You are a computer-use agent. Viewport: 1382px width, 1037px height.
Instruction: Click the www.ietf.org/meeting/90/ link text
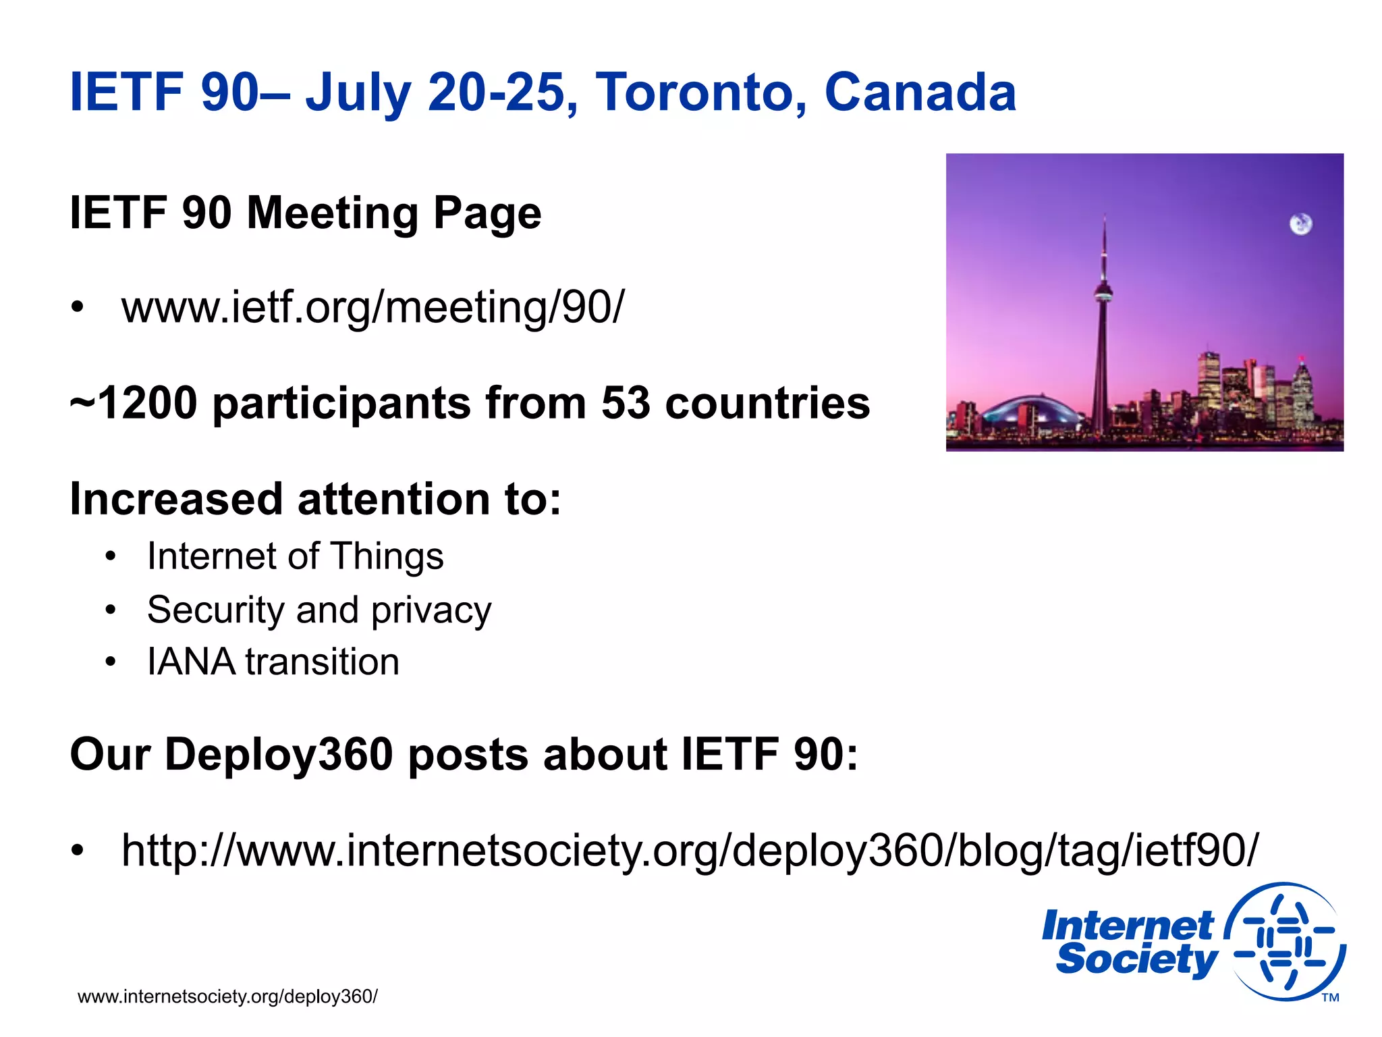[x=373, y=307]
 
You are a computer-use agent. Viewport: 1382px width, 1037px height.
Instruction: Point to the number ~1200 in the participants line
[x=134, y=403]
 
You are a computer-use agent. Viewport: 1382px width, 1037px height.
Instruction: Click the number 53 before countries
[x=626, y=403]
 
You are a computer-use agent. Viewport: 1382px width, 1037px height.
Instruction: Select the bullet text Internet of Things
[x=296, y=556]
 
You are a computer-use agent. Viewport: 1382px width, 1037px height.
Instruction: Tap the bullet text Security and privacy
[x=319, y=610]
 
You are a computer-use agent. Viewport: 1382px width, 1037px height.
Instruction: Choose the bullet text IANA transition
[x=273, y=662]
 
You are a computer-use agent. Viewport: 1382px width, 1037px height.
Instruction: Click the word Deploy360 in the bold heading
[x=279, y=754]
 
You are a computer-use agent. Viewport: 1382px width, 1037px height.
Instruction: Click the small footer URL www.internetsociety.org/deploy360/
[x=227, y=996]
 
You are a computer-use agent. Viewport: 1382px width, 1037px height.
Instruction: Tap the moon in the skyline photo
[x=1301, y=224]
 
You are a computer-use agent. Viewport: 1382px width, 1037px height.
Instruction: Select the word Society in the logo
[x=1136, y=959]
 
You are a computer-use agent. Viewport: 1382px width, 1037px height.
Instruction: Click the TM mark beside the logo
[x=1330, y=998]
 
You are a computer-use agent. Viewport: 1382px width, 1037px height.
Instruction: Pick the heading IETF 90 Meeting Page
[x=306, y=213]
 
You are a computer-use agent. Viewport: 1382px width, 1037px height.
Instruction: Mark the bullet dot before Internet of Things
[x=111, y=558]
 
